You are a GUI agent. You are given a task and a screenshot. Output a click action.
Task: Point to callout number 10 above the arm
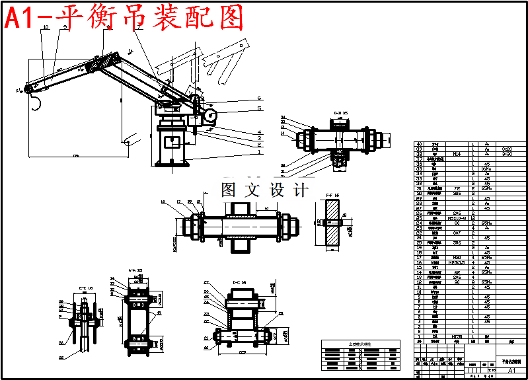[x=45, y=28]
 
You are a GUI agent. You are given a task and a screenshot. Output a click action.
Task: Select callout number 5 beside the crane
[x=260, y=108]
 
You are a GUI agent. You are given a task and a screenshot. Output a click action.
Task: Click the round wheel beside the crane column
[x=210, y=115]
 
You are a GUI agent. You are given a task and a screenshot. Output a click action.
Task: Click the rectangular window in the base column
[x=174, y=141]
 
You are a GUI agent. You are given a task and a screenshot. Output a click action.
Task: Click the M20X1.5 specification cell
[x=457, y=262]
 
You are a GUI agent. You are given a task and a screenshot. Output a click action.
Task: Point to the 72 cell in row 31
[x=457, y=188]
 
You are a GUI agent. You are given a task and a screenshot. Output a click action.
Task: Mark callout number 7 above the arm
[x=138, y=28]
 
